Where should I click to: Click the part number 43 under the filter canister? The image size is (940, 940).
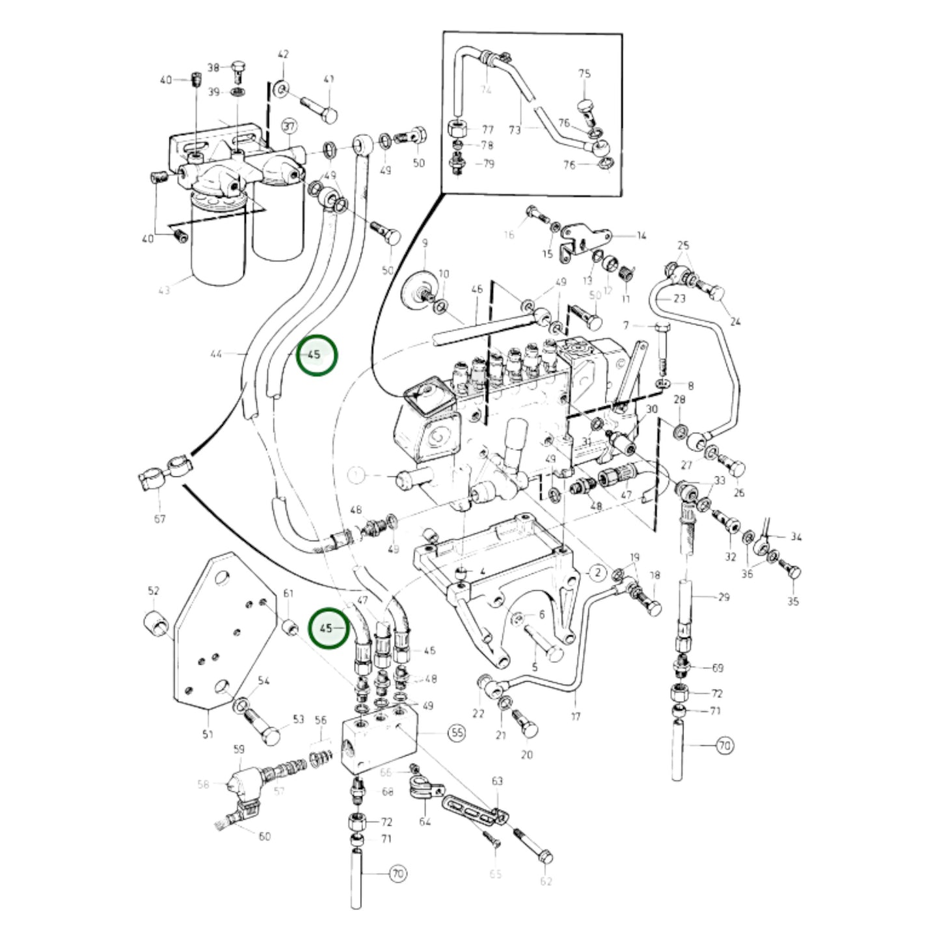(x=165, y=290)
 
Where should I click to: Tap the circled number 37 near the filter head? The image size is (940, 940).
(x=289, y=126)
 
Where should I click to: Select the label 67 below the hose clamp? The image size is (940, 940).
(x=160, y=518)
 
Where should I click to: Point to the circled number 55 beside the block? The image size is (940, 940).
(x=457, y=732)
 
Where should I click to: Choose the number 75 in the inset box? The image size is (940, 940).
(x=584, y=74)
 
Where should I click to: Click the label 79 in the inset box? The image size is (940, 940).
(x=488, y=163)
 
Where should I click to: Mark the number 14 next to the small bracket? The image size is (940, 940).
(x=641, y=235)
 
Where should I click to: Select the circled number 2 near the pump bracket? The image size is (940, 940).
(x=597, y=572)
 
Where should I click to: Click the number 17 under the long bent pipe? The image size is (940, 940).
(x=576, y=717)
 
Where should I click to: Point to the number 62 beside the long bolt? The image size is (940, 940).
(x=546, y=881)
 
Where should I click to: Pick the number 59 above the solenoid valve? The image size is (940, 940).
(x=238, y=749)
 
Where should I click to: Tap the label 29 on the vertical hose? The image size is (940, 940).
(x=724, y=597)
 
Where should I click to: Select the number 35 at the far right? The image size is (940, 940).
(x=792, y=601)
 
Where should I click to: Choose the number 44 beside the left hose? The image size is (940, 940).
(x=216, y=354)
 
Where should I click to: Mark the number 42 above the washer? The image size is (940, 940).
(x=283, y=55)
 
